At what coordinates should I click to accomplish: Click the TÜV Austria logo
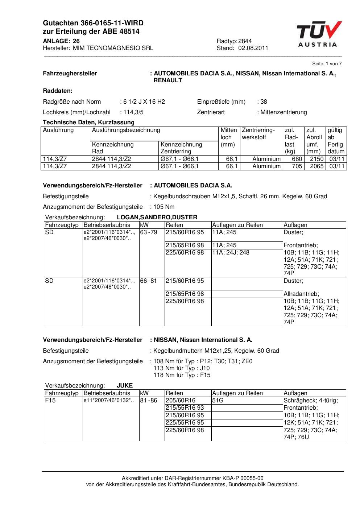tap(318, 34)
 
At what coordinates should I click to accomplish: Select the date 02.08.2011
tap(253, 48)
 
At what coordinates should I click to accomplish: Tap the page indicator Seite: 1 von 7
tap(327, 64)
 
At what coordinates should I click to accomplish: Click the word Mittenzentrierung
tap(284, 112)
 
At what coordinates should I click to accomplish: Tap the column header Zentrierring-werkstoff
tap(258, 133)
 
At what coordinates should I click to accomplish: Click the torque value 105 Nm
tap(164, 207)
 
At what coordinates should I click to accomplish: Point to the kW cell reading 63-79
tap(149, 232)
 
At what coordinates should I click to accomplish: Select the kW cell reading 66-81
tap(149, 281)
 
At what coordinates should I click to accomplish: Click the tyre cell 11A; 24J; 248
tap(231, 252)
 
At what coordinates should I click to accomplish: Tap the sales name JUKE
tap(125, 385)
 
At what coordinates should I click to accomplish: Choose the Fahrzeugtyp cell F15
tap(50, 400)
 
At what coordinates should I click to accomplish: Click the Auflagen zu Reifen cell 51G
tap(218, 400)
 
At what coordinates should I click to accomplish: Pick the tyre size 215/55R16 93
tap(185, 407)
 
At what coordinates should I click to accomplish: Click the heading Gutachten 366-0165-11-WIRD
tap(93, 23)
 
